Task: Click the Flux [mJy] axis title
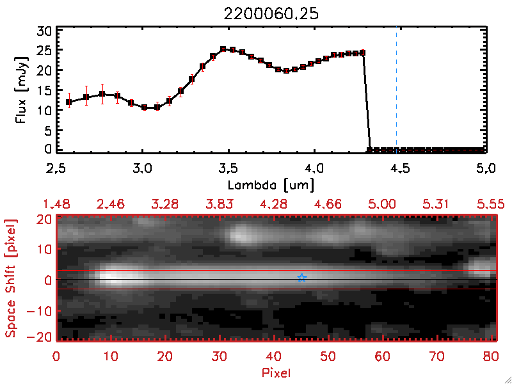click(20, 90)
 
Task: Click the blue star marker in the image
click(302, 278)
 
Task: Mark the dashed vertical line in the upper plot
click(397, 90)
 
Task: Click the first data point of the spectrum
click(69, 102)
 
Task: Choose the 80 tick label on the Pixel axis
click(492, 356)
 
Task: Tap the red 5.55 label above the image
click(491, 204)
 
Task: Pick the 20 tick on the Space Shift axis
click(45, 218)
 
